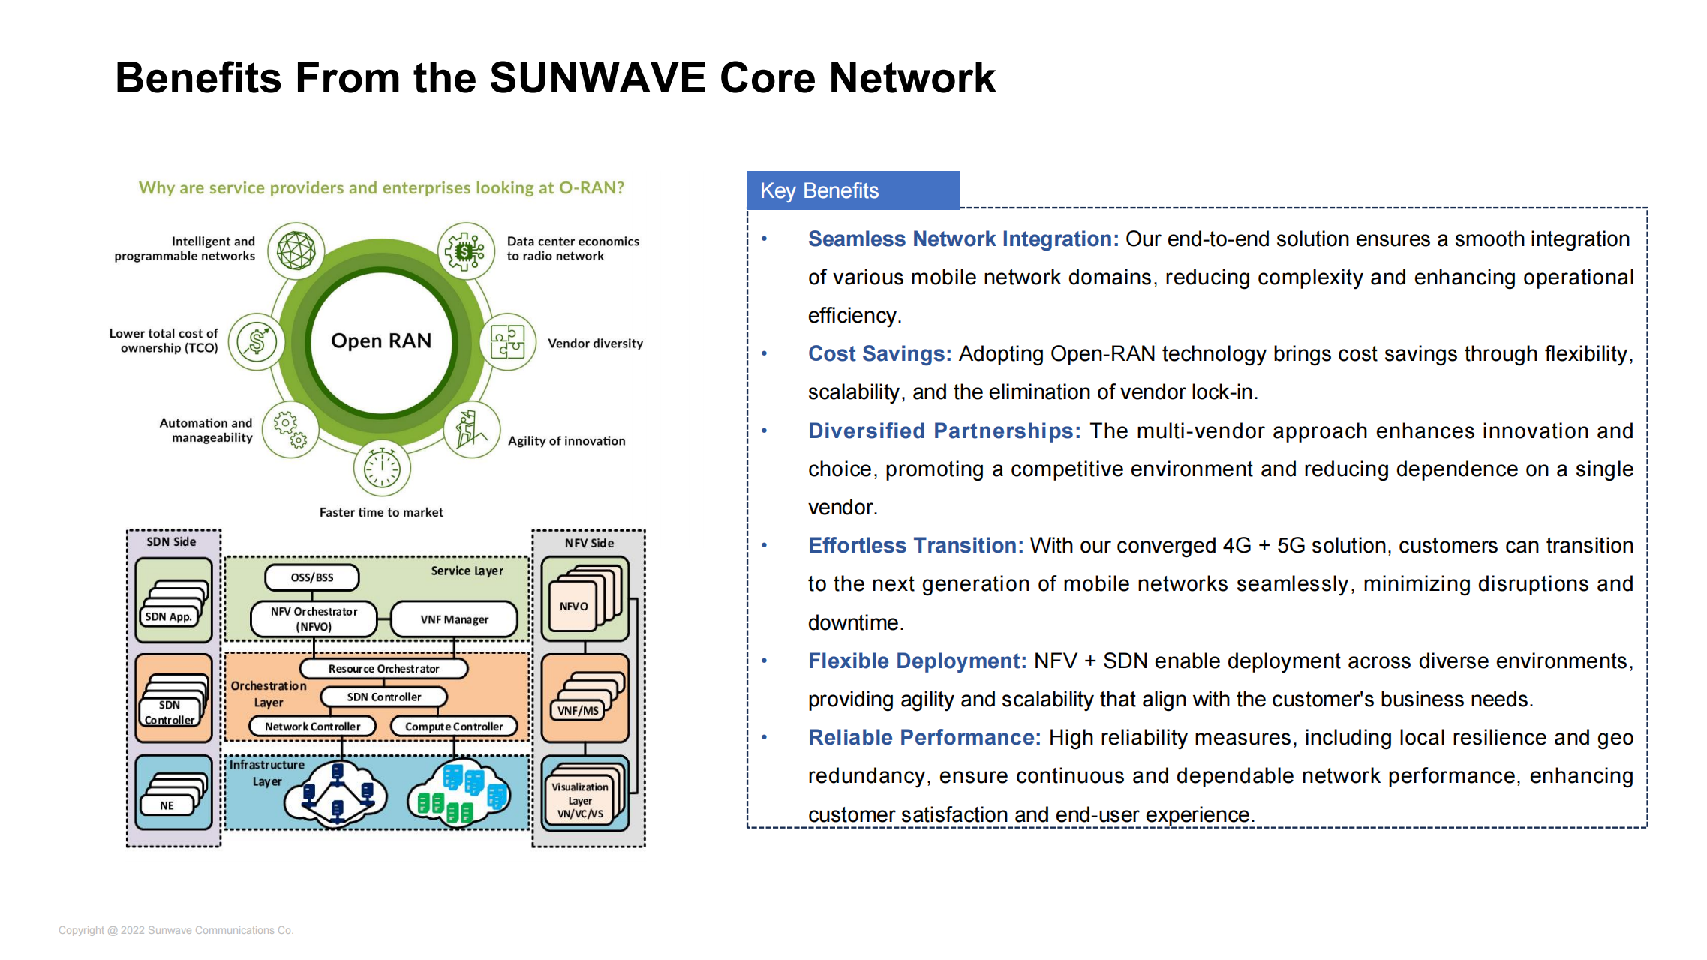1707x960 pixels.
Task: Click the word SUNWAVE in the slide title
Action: pos(597,78)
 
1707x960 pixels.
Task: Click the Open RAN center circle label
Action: pos(381,340)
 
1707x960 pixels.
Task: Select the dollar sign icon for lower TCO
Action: pos(257,342)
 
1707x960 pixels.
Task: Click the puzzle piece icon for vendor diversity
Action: pos(508,342)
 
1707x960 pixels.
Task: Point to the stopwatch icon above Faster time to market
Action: pos(382,468)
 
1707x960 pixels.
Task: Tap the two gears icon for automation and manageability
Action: pos(290,430)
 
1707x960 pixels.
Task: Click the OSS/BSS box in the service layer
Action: pos(312,577)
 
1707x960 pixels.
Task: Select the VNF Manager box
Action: pos(454,619)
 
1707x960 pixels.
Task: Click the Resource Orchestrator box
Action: pos(383,668)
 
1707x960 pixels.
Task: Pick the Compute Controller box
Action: pos(454,726)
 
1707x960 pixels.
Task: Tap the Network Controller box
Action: pos(312,726)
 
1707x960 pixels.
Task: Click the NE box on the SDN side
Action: pos(167,805)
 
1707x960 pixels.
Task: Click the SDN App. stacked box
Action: pos(168,616)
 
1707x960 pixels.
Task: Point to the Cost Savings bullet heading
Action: pos(879,354)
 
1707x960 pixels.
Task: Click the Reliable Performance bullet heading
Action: pos(924,738)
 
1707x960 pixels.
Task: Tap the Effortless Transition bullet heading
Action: pos(915,546)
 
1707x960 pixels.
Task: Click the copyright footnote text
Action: pos(176,930)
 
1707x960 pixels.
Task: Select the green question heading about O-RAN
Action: pos(381,187)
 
